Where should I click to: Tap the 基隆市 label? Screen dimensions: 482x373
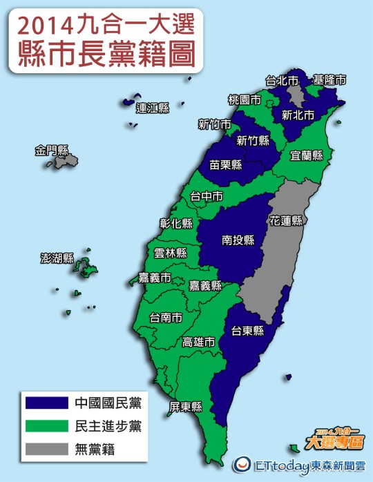(329, 79)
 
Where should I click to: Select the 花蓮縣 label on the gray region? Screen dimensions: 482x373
(287, 221)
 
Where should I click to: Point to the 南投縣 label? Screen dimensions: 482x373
(238, 240)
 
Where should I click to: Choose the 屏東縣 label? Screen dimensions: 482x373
(186, 406)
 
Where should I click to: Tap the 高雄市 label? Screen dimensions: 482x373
(198, 342)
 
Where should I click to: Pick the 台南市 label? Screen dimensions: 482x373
(166, 318)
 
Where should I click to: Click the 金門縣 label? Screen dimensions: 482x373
(53, 150)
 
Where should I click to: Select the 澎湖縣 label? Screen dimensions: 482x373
(57, 259)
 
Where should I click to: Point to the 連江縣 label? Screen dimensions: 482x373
(153, 108)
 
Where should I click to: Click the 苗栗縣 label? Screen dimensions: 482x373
(225, 164)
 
